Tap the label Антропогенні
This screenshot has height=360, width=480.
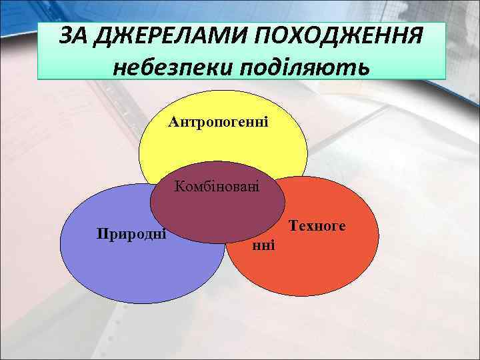(x=218, y=122)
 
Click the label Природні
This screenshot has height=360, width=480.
(x=131, y=234)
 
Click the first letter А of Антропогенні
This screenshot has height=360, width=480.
(x=173, y=122)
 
